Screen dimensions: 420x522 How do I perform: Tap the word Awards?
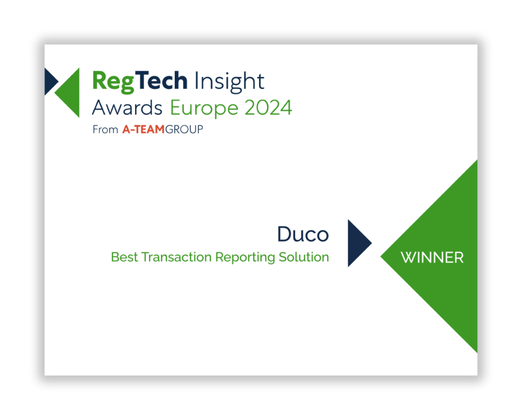point(127,108)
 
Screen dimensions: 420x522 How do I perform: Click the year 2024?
point(267,108)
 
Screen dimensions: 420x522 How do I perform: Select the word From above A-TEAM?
point(105,129)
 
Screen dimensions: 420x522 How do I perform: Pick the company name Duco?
point(303,234)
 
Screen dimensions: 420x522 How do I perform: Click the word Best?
point(124,257)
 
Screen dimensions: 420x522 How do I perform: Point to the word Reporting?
point(245,258)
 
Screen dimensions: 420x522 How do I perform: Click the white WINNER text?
point(432,258)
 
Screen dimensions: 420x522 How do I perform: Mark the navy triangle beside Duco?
point(357,243)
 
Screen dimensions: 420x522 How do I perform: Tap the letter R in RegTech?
point(99,81)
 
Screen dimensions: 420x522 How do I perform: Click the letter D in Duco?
point(285,234)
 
